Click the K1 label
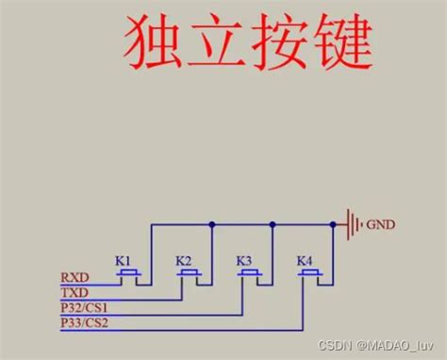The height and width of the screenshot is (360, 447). tap(122, 259)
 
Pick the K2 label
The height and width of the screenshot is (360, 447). tap(184, 259)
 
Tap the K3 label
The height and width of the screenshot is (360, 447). tap(244, 259)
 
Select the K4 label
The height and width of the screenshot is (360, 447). tap(304, 259)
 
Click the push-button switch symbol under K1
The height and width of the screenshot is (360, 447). tap(128, 273)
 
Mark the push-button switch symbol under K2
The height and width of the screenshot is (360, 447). tap(189, 273)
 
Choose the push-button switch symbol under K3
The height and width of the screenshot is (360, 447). tap(250, 273)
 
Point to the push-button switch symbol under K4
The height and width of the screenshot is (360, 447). tap(310, 273)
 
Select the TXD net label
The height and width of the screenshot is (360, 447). tap(74, 293)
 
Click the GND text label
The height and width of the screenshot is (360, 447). tap(381, 224)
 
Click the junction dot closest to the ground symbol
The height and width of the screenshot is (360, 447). tap(333, 224)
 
